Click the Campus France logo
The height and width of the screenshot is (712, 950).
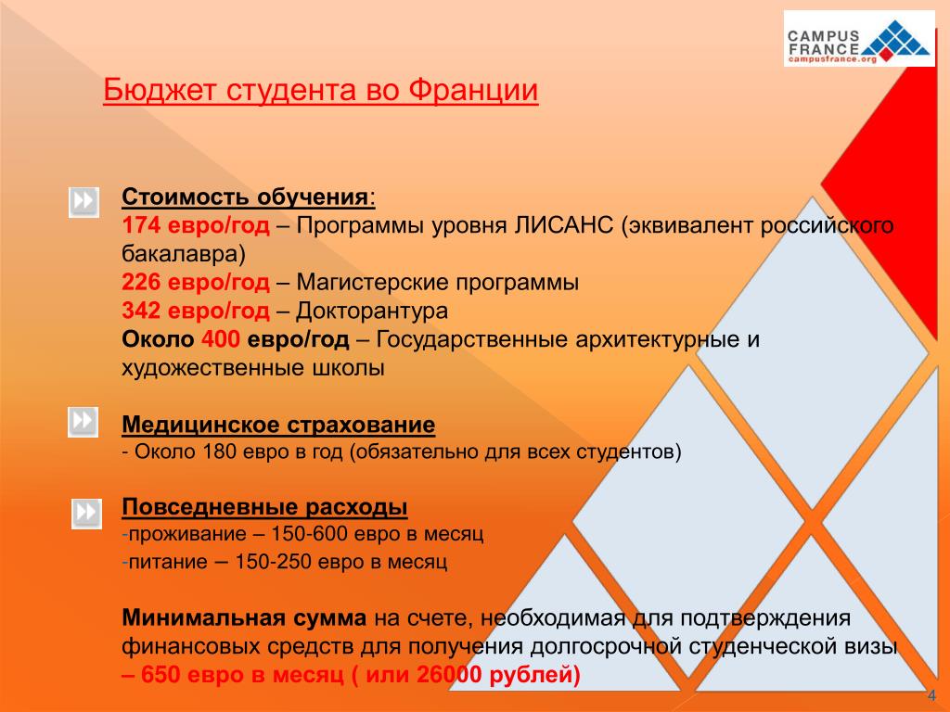pos(859,39)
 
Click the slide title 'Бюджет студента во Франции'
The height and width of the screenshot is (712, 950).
pos(320,92)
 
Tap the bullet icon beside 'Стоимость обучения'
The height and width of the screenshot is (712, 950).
pos(83,202)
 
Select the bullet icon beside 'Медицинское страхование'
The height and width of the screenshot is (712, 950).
pos(83,422)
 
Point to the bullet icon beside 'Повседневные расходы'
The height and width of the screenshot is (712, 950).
pos(86,513)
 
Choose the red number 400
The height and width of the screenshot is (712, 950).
pos(220,339)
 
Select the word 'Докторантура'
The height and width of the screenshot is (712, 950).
pos(374,311)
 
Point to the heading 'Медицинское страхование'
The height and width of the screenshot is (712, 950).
pos(278,426)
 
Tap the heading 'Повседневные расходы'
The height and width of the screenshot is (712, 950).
pos(265,508)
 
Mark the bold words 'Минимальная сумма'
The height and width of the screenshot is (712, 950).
pos(245,617)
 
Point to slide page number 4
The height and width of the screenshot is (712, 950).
pos(931,696)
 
